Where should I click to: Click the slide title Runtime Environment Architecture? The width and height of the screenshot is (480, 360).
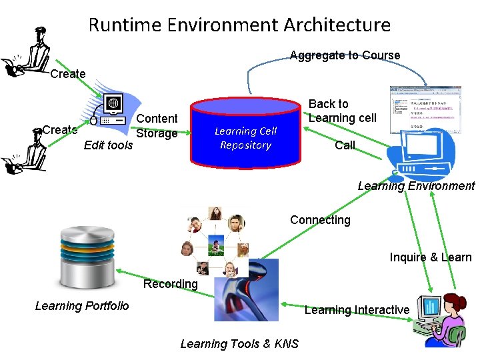[239, 25]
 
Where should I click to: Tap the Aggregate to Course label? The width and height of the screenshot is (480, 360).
[345, 55]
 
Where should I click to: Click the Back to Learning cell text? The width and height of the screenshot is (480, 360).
[342, 111]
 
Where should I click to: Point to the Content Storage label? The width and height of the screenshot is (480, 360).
[157, 125]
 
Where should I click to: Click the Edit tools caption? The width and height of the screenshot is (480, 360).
[108, 145]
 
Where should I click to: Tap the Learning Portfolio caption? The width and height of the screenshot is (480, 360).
[82, 306]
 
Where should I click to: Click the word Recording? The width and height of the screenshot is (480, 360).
[171, 284]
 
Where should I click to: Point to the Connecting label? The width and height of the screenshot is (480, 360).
[320, 220]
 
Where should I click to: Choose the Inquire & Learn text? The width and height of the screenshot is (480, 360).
[430, 257]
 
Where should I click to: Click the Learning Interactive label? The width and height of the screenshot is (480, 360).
[357, 310]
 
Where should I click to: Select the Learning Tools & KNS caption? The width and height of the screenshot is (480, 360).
[239, 344]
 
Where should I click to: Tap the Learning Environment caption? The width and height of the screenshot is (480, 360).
[416, 186]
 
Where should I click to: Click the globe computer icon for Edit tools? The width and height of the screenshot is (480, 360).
[113, 109]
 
